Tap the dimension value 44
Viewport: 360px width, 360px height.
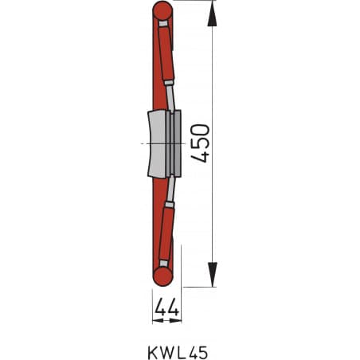pos(166,307)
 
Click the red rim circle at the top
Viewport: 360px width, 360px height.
pos(162,11)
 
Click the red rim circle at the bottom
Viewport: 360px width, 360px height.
pos(162,276)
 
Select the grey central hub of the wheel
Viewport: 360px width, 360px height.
pos(163,143)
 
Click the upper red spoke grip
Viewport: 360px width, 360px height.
pos(166,56)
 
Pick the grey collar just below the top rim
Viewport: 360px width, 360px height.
pos(163,25)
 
